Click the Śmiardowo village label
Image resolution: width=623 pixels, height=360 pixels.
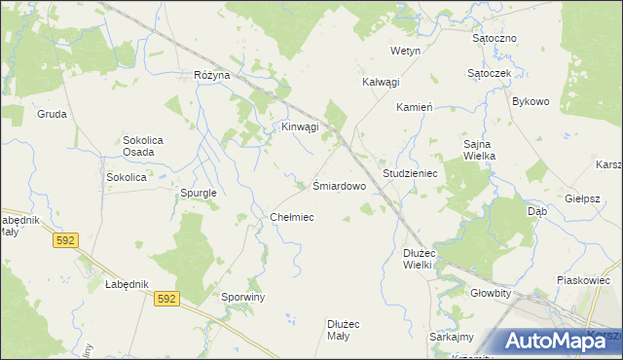click(x=339, y=185)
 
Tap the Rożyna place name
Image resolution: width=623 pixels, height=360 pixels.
click(x=211, y=75)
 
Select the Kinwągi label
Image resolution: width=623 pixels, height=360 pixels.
click(x=300, y=127)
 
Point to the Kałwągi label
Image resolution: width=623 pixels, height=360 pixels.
click(x=381, y=83)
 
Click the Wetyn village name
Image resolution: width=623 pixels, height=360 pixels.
click(x=405, y=50)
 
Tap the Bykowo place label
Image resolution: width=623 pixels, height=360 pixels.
click(x=531, y=101)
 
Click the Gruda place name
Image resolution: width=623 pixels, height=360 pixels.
click(x=52, y=114)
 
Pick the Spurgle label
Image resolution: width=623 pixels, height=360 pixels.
click(x=198, y=193)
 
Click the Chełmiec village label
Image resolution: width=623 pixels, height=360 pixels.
click(x=291, y=217)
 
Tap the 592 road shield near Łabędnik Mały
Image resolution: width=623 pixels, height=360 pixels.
click(x=65, y=239)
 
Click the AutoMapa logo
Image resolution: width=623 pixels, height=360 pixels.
click(x=555, y=341)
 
